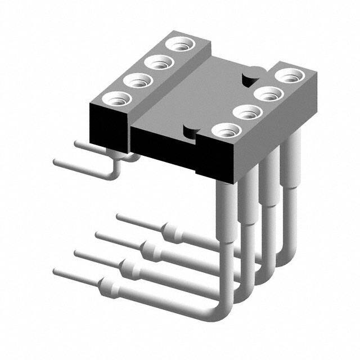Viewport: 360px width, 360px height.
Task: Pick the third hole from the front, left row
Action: (158, 62)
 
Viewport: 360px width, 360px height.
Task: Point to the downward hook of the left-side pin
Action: (115, 169)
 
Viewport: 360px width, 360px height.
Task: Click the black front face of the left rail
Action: (108, 129)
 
